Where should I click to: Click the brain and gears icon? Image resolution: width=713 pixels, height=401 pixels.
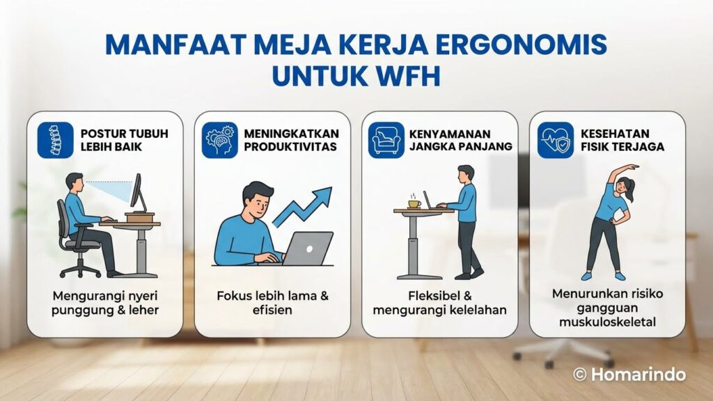coord(219,140)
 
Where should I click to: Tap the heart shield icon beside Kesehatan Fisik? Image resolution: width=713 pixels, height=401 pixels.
coord(555,140)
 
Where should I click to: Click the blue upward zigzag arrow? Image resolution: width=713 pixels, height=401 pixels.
coord(304,205)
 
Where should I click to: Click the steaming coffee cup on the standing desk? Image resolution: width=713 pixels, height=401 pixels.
coord(414,203)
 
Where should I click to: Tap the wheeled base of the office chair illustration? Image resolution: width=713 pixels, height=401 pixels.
coord(79,269)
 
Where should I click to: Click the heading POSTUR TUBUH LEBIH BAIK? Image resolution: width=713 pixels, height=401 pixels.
coord(124,140)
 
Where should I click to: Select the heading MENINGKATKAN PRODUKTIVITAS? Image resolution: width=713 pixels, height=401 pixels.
coord(291,140)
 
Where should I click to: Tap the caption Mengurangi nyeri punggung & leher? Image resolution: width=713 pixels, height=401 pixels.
coord(105,303)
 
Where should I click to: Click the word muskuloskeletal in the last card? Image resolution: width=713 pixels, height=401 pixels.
coord(607,322)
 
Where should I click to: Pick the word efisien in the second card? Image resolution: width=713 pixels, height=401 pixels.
coord(272,310)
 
